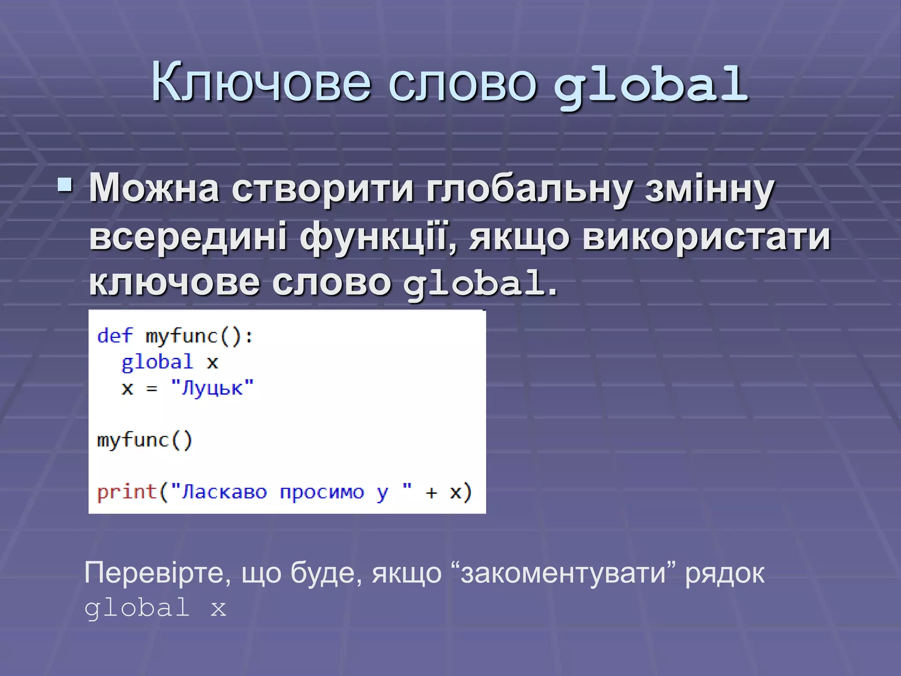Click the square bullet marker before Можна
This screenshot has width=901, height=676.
point(65,186)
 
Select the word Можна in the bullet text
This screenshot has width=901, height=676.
point(154,188)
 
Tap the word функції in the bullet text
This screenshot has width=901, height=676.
point(378,237)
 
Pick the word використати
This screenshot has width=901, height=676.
point(706,237)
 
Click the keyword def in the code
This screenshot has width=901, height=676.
point(114,336)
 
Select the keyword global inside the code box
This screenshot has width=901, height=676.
point(157,362)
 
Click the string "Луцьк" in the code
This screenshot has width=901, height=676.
point(212,388)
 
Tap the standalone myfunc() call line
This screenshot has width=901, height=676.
point(144,440)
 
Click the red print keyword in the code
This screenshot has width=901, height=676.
point(127,492)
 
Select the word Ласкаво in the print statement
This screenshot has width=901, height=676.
point(224,492)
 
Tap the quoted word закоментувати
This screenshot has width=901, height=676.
point(563,573)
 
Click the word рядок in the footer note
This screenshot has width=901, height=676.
point(725,573)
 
